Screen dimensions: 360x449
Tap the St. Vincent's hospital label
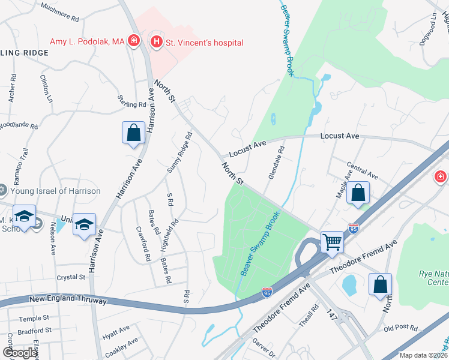[x=205, y=43]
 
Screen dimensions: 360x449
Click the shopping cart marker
[x=331, y=242]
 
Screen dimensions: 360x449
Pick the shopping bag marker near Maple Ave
[x=358, y=194]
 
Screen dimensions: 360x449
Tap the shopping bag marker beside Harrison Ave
[x=133, y=133]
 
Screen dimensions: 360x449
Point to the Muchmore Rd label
[x=59, y=13]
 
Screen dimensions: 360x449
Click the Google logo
[x=20, y=353]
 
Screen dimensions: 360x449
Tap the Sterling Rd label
[x=132, y=100]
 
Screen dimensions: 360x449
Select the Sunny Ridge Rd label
[x=179, y=153]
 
